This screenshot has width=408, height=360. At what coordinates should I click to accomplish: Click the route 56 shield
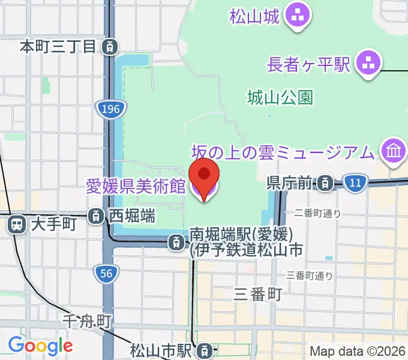[x=106, y=274]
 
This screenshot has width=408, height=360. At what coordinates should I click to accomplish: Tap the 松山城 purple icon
[x=296, y=16]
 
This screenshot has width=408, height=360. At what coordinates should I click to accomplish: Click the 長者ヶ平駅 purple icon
[x=368, y=64]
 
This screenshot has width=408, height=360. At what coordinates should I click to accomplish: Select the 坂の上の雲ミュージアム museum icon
[x=394, y=151]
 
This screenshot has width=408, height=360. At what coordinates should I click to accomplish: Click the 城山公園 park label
[x=280, y=97]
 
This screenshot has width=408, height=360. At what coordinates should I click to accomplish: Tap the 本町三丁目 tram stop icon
[x=109, y=46]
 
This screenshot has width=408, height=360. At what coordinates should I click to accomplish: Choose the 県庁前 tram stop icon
[x=325, y=182]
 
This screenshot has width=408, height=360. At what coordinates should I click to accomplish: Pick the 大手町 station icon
[x=16, y=224]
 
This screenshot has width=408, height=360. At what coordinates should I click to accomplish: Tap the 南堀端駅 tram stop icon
[x=175, y=242]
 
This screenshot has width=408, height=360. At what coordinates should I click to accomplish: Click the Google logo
[x=40, y=346]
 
